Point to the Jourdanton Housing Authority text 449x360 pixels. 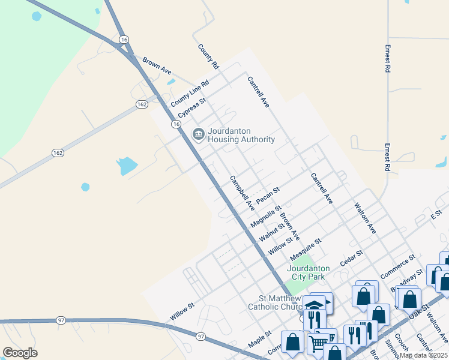pos(241,135)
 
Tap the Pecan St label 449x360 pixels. pos(268,196)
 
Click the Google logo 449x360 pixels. pos(20,353)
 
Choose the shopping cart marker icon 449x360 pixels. pos(319,343)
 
